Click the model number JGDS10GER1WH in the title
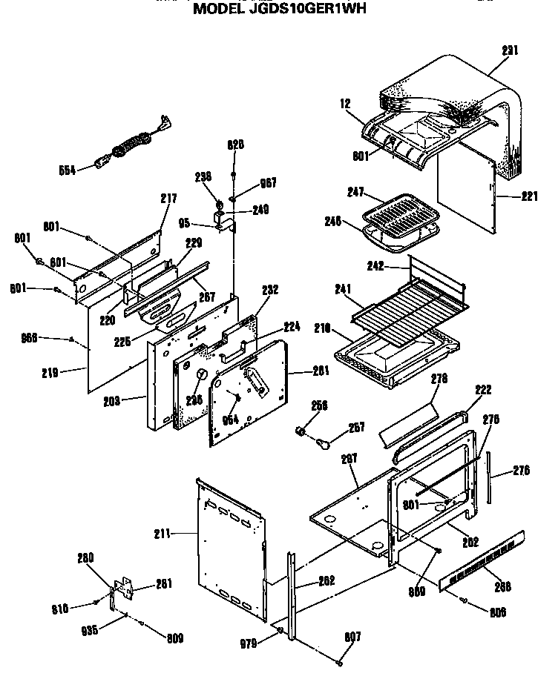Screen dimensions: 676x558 coord(311,10)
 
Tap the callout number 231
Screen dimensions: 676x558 coord(510,50)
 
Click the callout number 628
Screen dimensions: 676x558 coord(235,145)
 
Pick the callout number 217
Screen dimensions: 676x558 coord(168,198)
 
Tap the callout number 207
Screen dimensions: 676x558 coord(349,460)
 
